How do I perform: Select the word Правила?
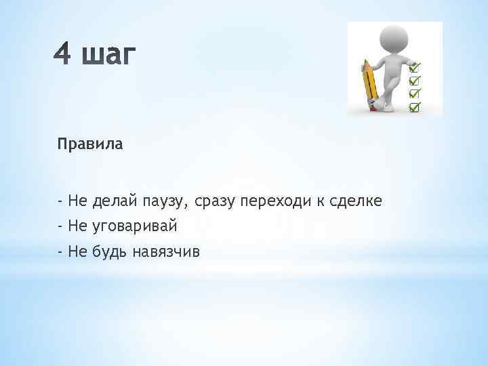pyautogui.click(x=90, y=144)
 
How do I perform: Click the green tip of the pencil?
pyautogui.click(x=365, y=62)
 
